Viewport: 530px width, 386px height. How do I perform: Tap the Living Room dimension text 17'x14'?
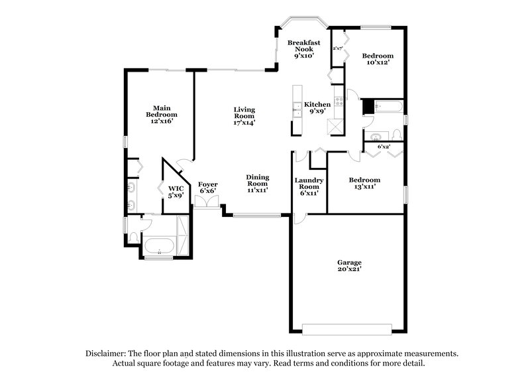click(x=244, y=122)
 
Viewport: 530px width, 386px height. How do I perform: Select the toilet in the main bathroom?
click(x=133, y=236)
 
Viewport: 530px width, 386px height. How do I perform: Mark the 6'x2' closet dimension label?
click(x=384, y=147)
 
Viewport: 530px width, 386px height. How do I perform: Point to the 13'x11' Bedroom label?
click(x=365, y=184)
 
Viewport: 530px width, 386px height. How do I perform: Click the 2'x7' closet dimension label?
click(x=338, y=48)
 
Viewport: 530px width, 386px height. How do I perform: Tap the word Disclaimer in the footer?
click(x=107, y=354)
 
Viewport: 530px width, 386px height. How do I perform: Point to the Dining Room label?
click(x=257, y=184)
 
